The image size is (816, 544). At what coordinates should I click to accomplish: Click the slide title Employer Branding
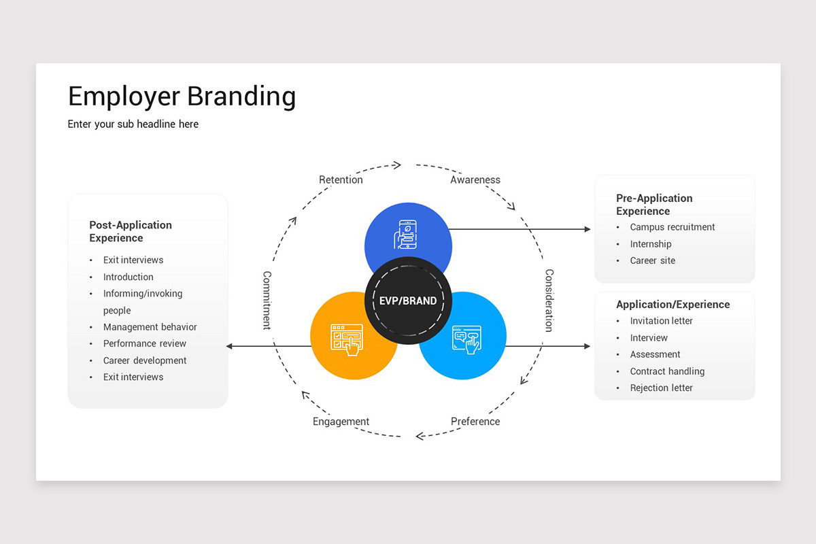[182, 97]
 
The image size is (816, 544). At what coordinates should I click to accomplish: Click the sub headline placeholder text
[133, 124]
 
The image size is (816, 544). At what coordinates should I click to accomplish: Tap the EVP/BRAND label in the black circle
[408, 301]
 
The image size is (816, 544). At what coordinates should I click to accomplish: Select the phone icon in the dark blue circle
[406, 235]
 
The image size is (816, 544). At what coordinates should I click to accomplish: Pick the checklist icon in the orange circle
[347, 339]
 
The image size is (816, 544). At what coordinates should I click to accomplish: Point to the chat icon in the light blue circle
[466, 339]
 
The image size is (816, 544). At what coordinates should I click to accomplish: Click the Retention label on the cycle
[341, 180]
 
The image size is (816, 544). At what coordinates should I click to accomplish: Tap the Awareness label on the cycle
[475, 180]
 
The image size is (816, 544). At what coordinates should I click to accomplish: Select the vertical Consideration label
[549, 301]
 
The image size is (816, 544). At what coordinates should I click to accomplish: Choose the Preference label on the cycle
[475, 422]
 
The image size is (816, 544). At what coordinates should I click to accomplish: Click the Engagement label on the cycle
[341, 422]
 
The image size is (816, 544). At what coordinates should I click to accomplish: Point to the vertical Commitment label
[267, 301]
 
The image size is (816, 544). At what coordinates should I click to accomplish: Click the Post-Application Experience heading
[131, 231]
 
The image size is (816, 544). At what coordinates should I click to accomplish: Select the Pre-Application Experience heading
[654, 205]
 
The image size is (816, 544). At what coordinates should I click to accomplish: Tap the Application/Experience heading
[673, 304]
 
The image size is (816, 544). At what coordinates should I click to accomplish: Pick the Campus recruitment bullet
[672, 227]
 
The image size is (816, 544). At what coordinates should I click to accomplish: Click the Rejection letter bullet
[661, 388]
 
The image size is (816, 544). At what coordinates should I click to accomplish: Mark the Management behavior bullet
[150, 327]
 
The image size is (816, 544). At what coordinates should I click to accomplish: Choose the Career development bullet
[145, 360]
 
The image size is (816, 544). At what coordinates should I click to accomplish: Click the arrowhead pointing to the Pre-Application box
[588, 229]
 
